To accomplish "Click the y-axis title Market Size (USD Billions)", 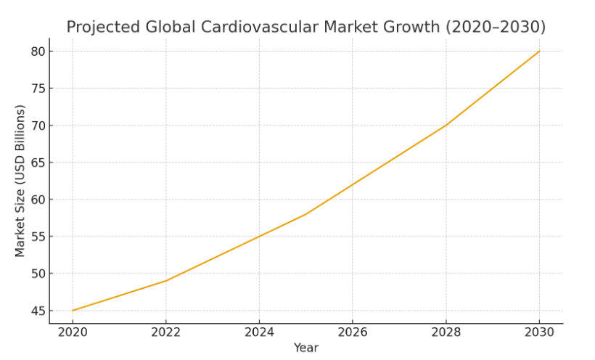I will (x=20, y=181).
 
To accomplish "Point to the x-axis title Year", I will (x=305, y=348).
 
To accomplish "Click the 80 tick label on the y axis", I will (x=37, y=52).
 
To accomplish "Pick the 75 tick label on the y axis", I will (x=37, y=89).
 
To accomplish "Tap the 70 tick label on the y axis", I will (x=37, y=126).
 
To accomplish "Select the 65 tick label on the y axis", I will (x=37, y=163).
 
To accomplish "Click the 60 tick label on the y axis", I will (x=37, y=200).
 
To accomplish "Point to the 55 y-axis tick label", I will (x=37, y=237).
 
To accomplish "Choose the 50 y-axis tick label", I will (x=37, y=274).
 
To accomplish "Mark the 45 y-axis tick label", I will (x=37, y=311).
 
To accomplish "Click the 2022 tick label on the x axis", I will (x=165, y=332).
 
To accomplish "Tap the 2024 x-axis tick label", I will (x=259, y=332).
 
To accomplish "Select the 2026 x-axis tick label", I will (x=353, y=332).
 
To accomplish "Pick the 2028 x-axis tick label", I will (x=446, y=332).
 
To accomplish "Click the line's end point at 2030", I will (x=539, y=51).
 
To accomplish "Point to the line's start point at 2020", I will (x=73, y=311).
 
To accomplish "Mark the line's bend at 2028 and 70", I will (x=446, y=126).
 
